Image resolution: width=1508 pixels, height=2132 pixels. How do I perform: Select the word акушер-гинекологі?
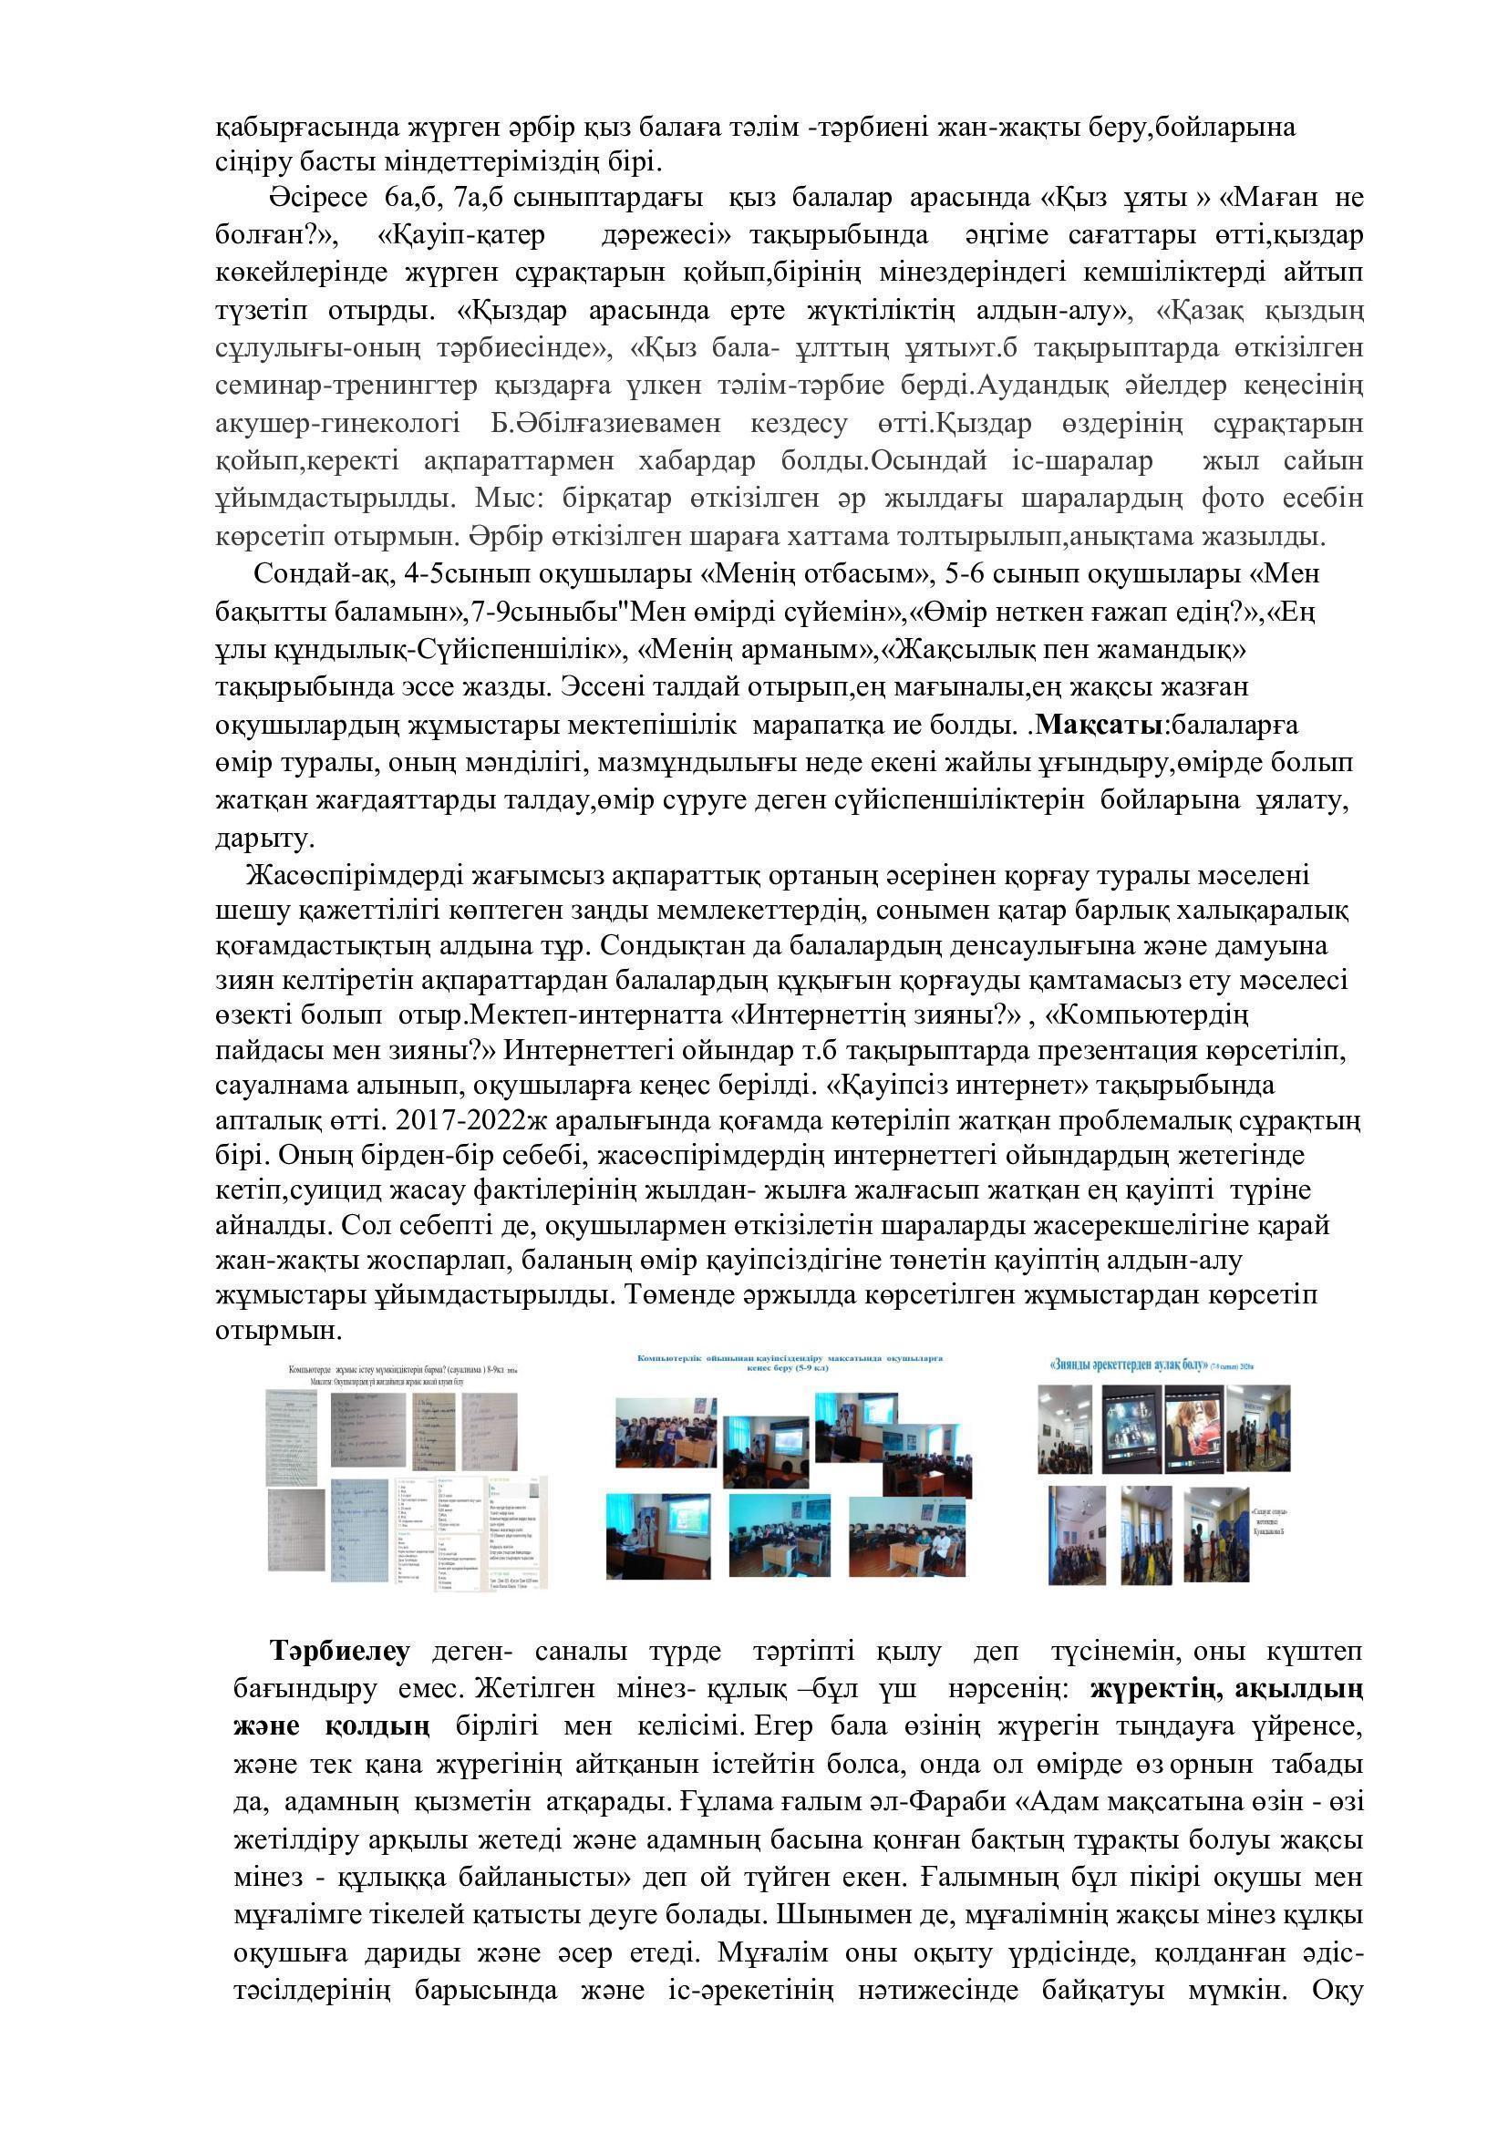click(336, 424)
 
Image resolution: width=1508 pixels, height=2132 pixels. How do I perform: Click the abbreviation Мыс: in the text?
click(503, 499)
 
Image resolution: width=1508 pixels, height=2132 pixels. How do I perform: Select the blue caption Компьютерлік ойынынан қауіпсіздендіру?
click(789, 1358)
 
